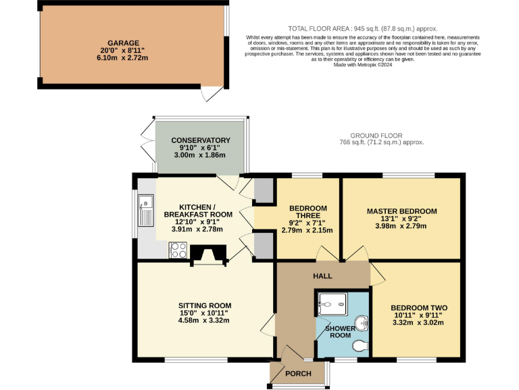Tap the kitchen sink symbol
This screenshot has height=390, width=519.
[x=145, y=209]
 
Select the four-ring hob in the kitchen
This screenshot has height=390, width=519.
[x=178, y=251]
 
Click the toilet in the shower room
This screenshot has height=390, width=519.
[x=360, y=346]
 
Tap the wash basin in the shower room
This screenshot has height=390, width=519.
[x=363, y=324]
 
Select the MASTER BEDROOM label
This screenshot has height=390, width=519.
[x=401, y=211]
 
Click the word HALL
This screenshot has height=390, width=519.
[x=322, y=277]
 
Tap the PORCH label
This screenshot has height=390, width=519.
[x=297, y=374]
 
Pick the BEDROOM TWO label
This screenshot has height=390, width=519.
[x=419, y=307]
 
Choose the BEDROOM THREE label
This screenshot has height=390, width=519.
[x=307, y=211]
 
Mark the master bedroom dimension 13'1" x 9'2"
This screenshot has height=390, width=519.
[x=401, y=219]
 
